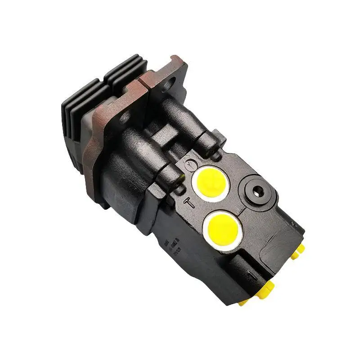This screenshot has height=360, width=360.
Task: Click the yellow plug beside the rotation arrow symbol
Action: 211,184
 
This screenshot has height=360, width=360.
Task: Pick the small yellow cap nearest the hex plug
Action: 298,252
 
